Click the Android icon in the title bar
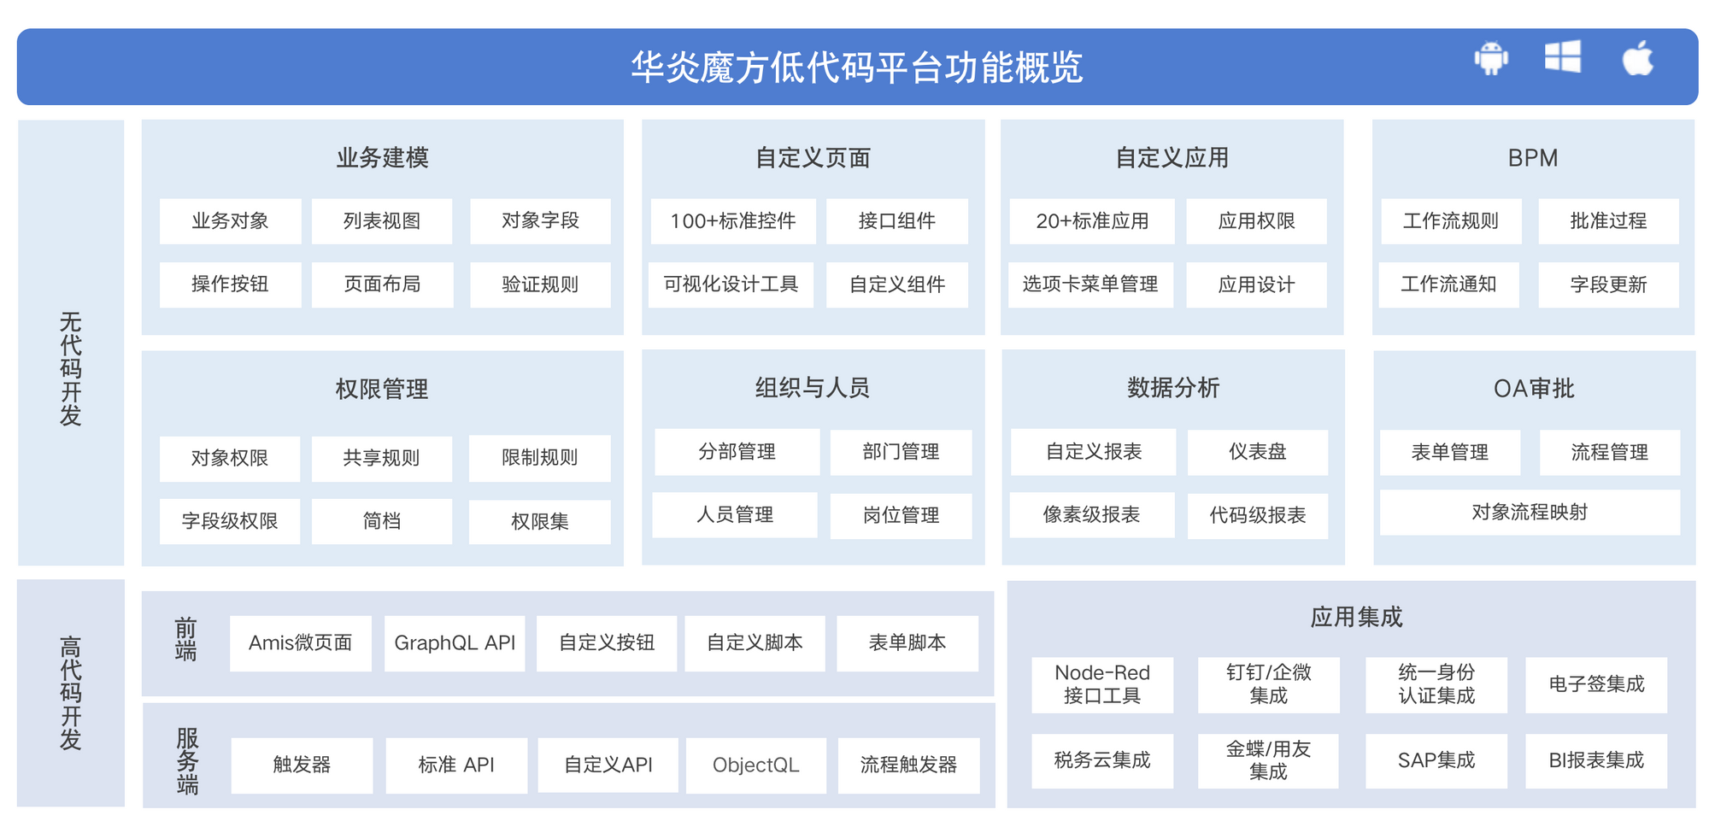pos(1491,58)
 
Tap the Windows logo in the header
pos(1563,56)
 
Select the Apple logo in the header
pos(1637,57)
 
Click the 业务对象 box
pos(230,221)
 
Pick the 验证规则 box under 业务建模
pos(540,284)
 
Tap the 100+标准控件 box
pos(733,221)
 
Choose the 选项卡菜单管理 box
pos(1090,284)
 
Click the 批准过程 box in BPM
pos(1608,221)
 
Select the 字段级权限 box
pos(230,521)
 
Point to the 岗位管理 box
pos(901,515)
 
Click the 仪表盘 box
pos(1257,452)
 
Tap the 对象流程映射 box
pos(1530,512)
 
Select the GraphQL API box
pos(455,643)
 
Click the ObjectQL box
pos(755,765)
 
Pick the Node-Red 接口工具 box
pos(1102,684)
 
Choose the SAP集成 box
pos(1436,760)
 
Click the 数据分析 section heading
pos(1173,388)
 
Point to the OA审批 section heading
pos(1534,389)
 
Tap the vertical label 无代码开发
pos(71,369)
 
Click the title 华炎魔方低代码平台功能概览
pos(857,67)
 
